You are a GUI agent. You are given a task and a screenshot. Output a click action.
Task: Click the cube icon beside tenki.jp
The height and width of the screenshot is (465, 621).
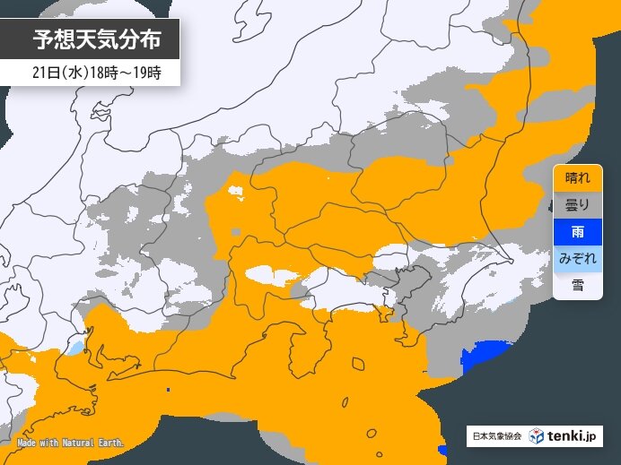pyautogui.click(x=536, y=436)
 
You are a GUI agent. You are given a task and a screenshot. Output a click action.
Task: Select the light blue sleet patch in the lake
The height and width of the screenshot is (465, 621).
pyautogui.click(x=76, y=345)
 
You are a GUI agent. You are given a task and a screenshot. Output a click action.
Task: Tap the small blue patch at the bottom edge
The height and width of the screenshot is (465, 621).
pyautogui.click(x=442, y=449)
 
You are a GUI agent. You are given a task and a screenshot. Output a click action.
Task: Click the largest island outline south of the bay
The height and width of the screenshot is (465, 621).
pyautogui.click(x=358, y=365)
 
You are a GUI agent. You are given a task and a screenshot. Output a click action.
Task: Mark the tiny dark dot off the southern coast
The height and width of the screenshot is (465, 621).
pyautogui.click(x=169, y=390)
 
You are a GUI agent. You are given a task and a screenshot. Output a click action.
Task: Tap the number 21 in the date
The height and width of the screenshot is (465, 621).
pyautogui.click(x=34, y=73)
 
